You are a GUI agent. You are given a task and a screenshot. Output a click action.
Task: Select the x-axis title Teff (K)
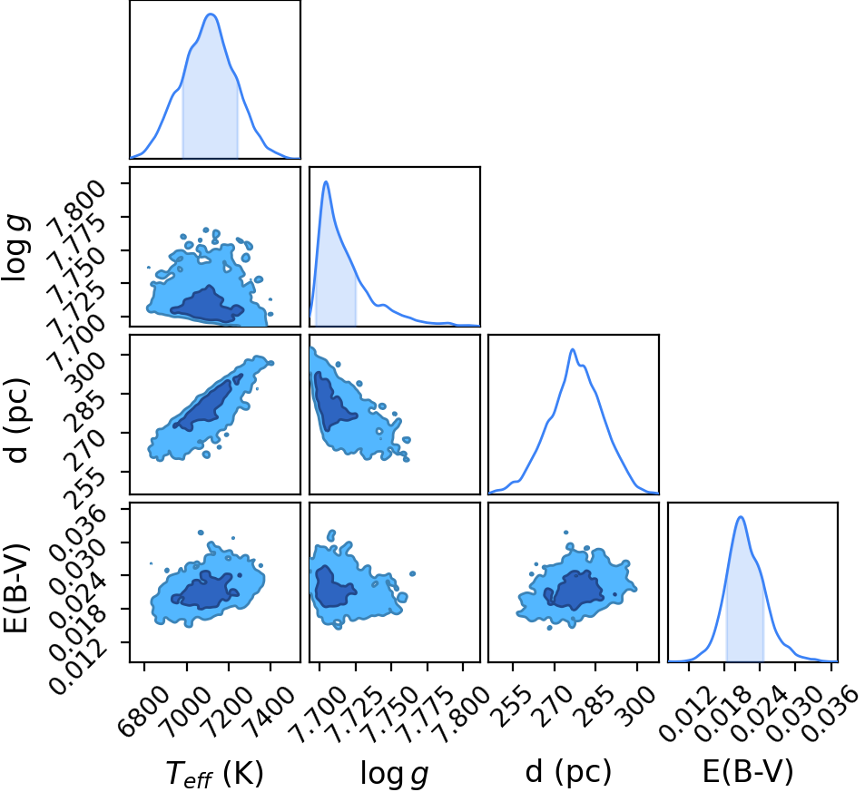click(214, 773)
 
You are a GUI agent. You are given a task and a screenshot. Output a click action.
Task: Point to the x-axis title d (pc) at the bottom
click(568, 772)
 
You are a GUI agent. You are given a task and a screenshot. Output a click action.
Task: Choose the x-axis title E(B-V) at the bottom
click(748, 772)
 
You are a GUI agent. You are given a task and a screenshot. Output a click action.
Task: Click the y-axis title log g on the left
click(16, 249)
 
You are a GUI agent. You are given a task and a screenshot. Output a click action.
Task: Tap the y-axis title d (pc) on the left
click(17, 420)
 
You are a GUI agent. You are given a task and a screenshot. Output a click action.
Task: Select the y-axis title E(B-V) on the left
click(17, 588)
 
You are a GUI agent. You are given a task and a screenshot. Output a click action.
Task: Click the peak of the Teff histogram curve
click(211, 15)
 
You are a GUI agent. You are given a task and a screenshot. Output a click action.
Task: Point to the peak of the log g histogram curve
click(326, 181)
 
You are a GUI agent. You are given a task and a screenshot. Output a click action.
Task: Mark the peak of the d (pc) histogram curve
click(573, 349)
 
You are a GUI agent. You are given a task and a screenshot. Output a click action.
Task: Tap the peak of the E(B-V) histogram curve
click(741, 517)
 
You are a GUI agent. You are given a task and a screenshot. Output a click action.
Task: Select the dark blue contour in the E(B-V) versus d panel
click(574, 590)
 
